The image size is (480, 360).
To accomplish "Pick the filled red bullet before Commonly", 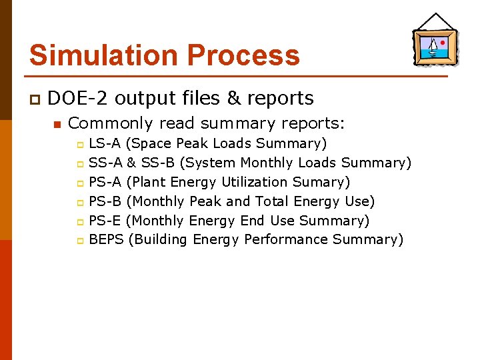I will click(57, 124).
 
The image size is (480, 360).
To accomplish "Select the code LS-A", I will click(105, 143).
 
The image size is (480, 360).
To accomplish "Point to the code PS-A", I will click(105, 182).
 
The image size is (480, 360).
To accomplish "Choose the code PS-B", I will click(105, 201).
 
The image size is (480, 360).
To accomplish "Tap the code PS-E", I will click(105, 221).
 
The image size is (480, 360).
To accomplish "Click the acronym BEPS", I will click(107, 239).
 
